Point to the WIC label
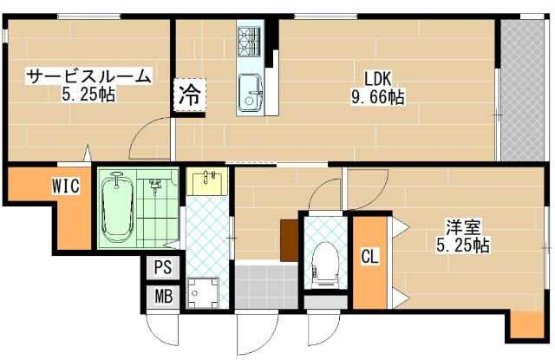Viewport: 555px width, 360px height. click(x=66, y=186)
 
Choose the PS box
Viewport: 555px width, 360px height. click(x=162, y=268)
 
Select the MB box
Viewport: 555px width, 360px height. click(x=162, y=296)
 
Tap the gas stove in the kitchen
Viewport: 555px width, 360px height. click(x=250, y=39)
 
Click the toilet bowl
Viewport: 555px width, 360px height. click(x=325, y=260)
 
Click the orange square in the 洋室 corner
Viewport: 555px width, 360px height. click(x=525, y=324)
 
